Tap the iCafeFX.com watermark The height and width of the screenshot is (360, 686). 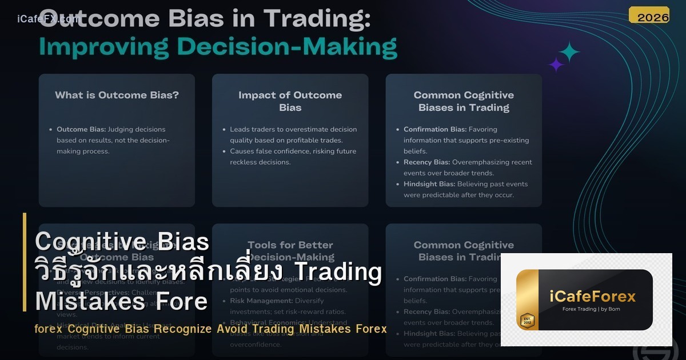click(48, 19)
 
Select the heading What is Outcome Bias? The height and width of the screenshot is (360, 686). click(117, 95)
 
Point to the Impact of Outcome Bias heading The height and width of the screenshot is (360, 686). click(290, 101)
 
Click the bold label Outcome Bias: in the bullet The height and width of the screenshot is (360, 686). click(81, 130)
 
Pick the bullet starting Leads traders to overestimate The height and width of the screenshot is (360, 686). click(293, 135)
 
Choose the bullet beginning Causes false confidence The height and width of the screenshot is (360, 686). click(293, 157)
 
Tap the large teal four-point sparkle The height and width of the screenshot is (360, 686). click(569, 52)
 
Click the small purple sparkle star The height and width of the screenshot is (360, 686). click(556, 64)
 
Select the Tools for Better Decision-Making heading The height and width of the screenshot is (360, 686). click(290, 251)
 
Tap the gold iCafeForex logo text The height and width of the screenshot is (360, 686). click(592, 297)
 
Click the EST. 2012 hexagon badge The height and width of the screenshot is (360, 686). click(527, 321)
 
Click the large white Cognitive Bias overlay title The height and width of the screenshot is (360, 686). click(122, 242)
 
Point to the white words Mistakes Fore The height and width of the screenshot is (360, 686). click(121, 301)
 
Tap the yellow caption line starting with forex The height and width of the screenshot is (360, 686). click(210, 329)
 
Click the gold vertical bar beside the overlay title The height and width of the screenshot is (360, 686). click(25, 262)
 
